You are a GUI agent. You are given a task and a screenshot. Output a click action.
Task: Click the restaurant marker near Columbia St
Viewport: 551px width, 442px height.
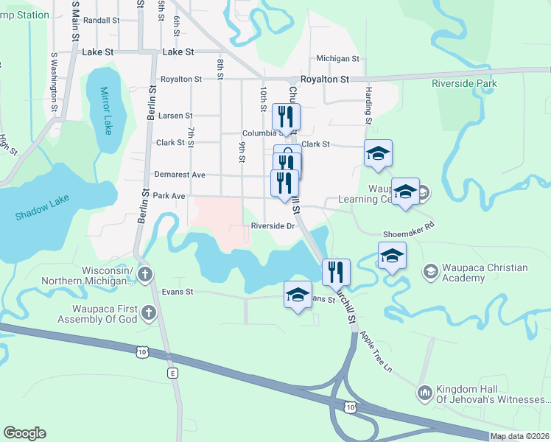click(286, 116)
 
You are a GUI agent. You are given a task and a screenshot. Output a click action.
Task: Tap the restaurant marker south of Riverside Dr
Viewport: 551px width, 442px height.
click(336, 271)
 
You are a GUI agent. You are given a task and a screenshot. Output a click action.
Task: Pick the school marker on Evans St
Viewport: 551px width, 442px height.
click(298, 295)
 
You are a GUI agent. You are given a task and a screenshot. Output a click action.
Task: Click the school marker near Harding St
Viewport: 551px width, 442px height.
click(378, 153)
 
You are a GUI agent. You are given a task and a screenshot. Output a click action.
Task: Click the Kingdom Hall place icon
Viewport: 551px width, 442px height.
click(424, 393)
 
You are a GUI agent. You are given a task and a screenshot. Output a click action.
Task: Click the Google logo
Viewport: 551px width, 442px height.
click(24, 433)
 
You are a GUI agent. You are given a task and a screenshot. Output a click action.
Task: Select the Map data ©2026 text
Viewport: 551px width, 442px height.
click(519, 436)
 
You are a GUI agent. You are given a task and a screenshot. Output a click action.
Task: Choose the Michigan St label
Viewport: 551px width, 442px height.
click(337, 58)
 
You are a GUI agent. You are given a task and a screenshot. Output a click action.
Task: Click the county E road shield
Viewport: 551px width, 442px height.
click(173, 373)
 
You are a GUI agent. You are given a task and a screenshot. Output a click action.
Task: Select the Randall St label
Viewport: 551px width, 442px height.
click(102, 21)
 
